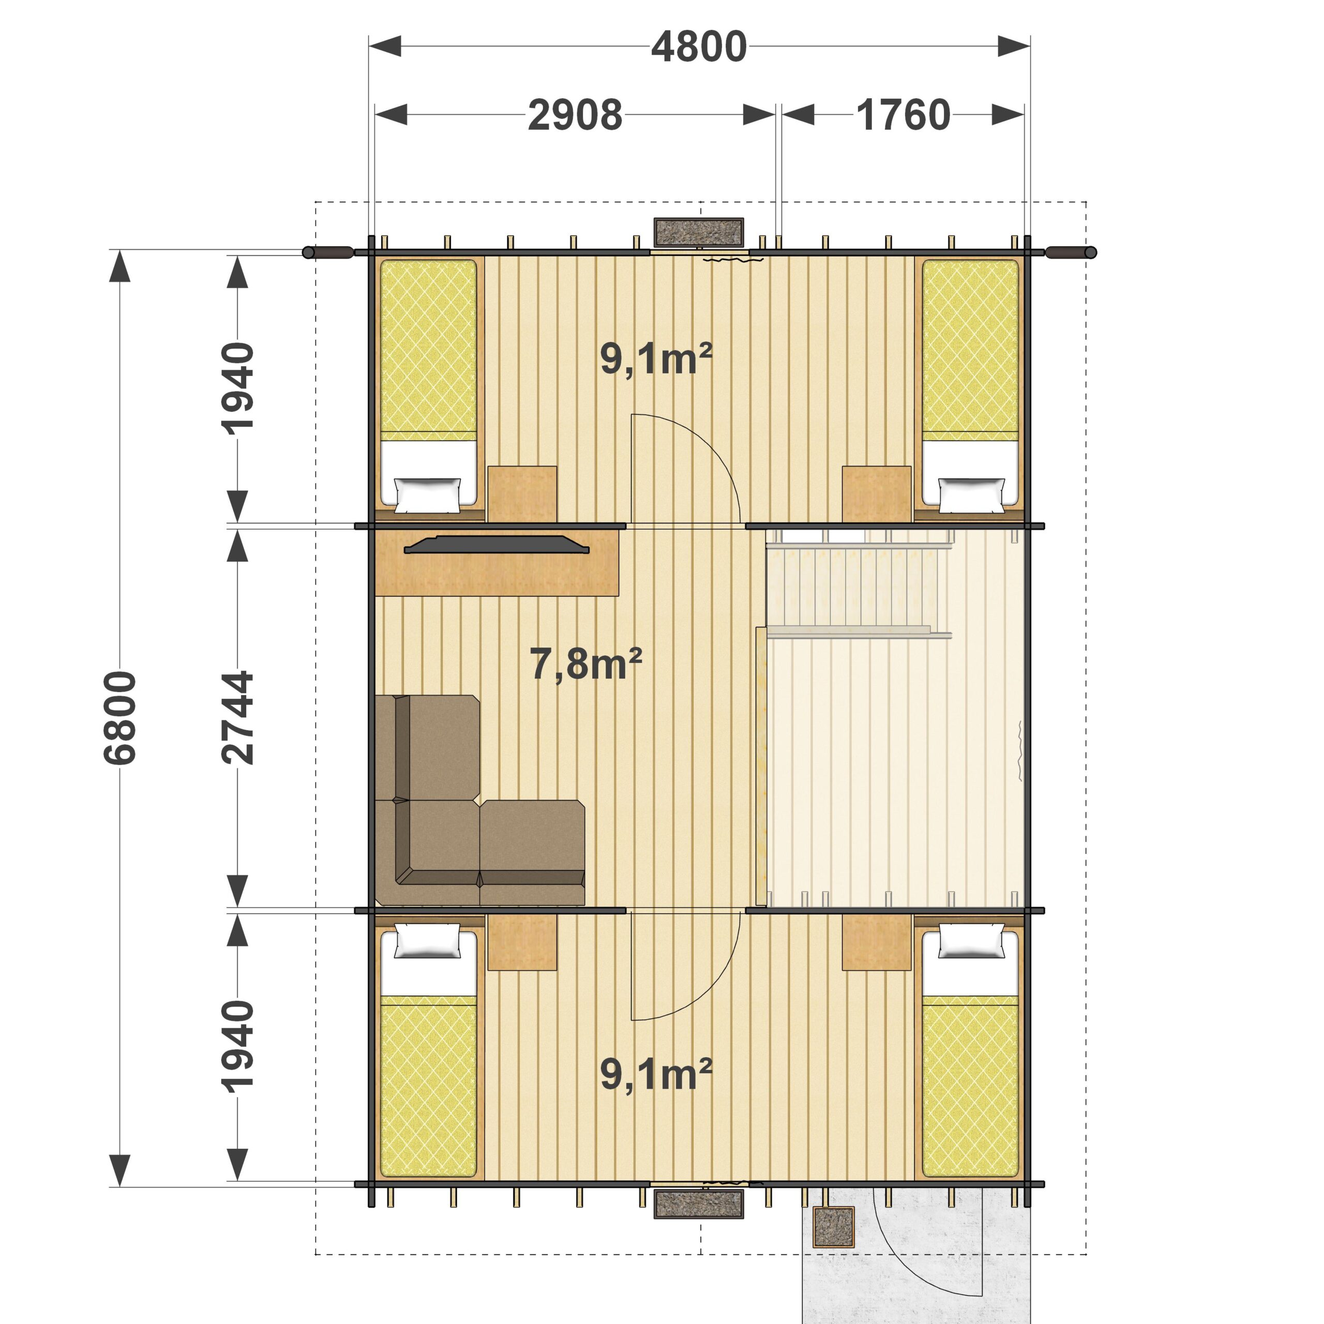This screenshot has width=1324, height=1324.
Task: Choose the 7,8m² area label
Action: (586, 664)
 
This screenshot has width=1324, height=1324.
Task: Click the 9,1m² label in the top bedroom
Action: (656, 358)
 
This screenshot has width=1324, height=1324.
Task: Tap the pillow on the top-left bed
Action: (428, 495)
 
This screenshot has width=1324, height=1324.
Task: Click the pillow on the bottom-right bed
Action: (971, 941)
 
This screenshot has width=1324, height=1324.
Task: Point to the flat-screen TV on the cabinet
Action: (496, 545)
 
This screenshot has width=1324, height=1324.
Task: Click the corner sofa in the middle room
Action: (480, 801)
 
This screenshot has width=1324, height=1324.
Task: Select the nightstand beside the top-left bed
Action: (521, 493)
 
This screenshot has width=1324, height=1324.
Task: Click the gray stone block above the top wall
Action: (699, 232)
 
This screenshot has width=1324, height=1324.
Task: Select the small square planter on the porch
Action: (833, 1226)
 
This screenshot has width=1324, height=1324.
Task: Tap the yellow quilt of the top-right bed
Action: (970, 350)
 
